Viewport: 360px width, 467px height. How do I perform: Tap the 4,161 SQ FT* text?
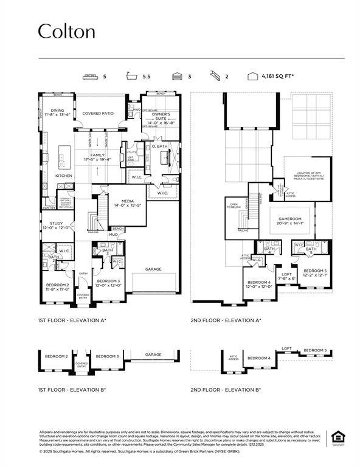[278, 77]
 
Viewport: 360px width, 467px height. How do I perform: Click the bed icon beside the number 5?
[91, 77]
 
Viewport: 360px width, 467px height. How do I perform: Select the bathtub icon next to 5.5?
[132, 77]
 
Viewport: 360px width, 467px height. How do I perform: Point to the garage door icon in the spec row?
[176, 77]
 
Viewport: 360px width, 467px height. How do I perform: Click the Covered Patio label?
[98, 113]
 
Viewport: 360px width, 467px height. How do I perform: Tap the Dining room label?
[57, 112]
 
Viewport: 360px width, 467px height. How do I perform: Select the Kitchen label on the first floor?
[64, 176]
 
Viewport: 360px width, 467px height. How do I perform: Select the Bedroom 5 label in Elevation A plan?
[315, 272]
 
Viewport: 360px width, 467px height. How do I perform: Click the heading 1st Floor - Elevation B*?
[72, 389]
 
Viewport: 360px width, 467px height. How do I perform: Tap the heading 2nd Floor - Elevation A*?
[226, 320]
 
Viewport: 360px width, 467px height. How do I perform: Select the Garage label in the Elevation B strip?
[153, 355]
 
